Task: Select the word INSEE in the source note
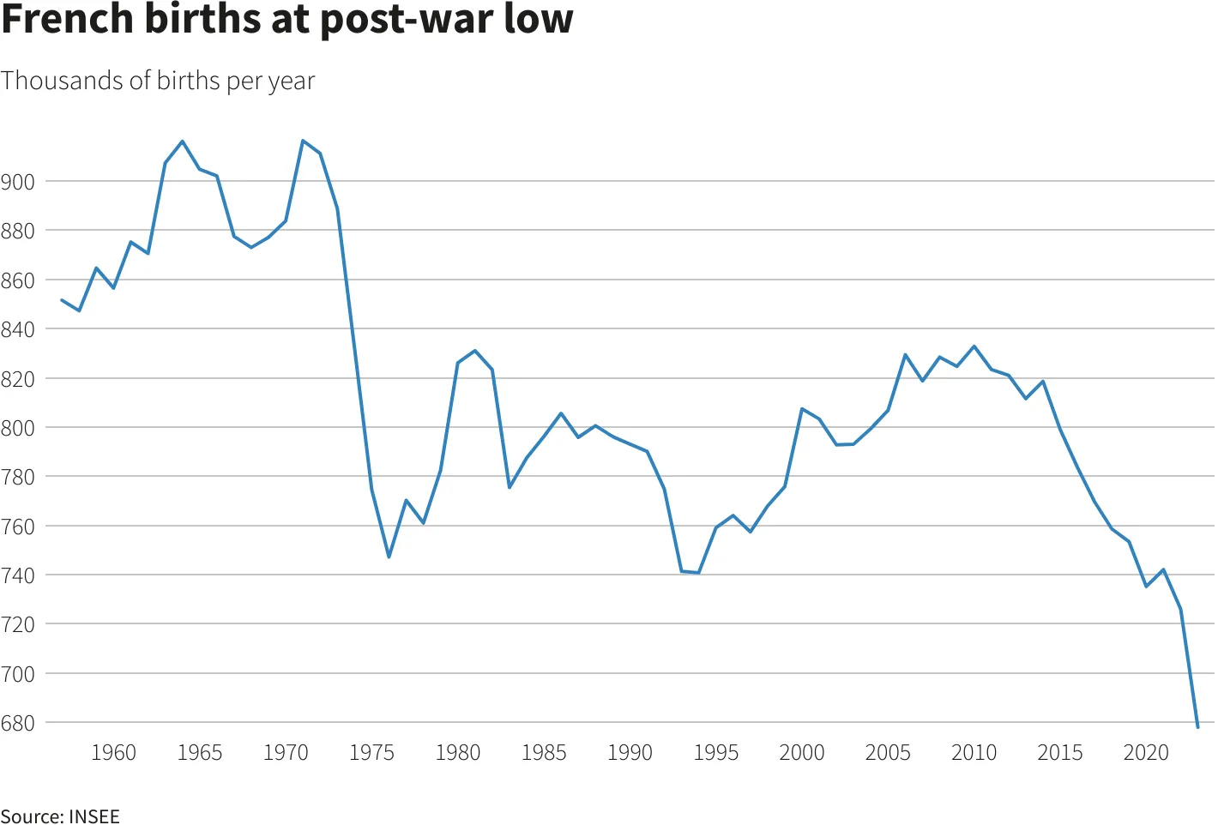coord(94,816)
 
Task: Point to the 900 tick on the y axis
coord(18,182)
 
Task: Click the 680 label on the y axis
coord(18,723)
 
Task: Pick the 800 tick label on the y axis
coord(18,428)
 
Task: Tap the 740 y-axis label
coord(18,575)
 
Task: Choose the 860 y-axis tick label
coord(18,280)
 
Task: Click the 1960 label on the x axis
coord(113,753)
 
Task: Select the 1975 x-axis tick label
coord(371,753)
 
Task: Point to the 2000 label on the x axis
coord(802,753)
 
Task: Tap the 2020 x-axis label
coord(1146,753)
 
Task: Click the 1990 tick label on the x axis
coord(630,753)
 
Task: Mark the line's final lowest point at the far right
coord(1197,727)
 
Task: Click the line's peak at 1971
coord(303,141)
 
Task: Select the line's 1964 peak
coord(183,142)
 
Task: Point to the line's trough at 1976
coord(389,557)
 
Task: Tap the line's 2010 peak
coord(974,346)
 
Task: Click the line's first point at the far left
coord(62,300)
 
